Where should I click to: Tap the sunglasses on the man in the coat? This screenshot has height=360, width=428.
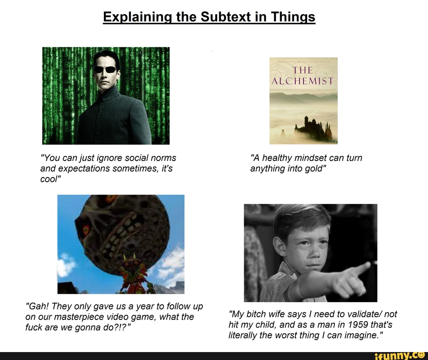(105, 69)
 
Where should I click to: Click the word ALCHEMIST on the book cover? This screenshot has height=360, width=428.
(303, 82)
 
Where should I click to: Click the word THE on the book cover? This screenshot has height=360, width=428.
(303, 71)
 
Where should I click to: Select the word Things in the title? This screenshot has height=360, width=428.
(293, 17)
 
